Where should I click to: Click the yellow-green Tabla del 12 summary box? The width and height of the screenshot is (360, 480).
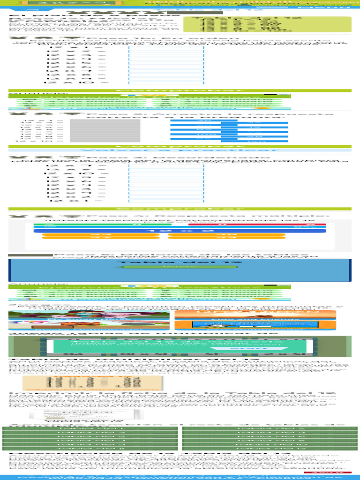click(x=267, y=24)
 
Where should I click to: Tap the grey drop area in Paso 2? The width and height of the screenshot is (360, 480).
click(x=105, y=130)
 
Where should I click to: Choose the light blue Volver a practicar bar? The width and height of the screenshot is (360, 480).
click(x=180, y=150)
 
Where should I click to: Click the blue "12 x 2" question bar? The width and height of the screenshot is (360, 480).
click(x=180, y=231)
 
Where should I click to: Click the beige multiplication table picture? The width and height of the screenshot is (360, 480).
click(x=92, y=382)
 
